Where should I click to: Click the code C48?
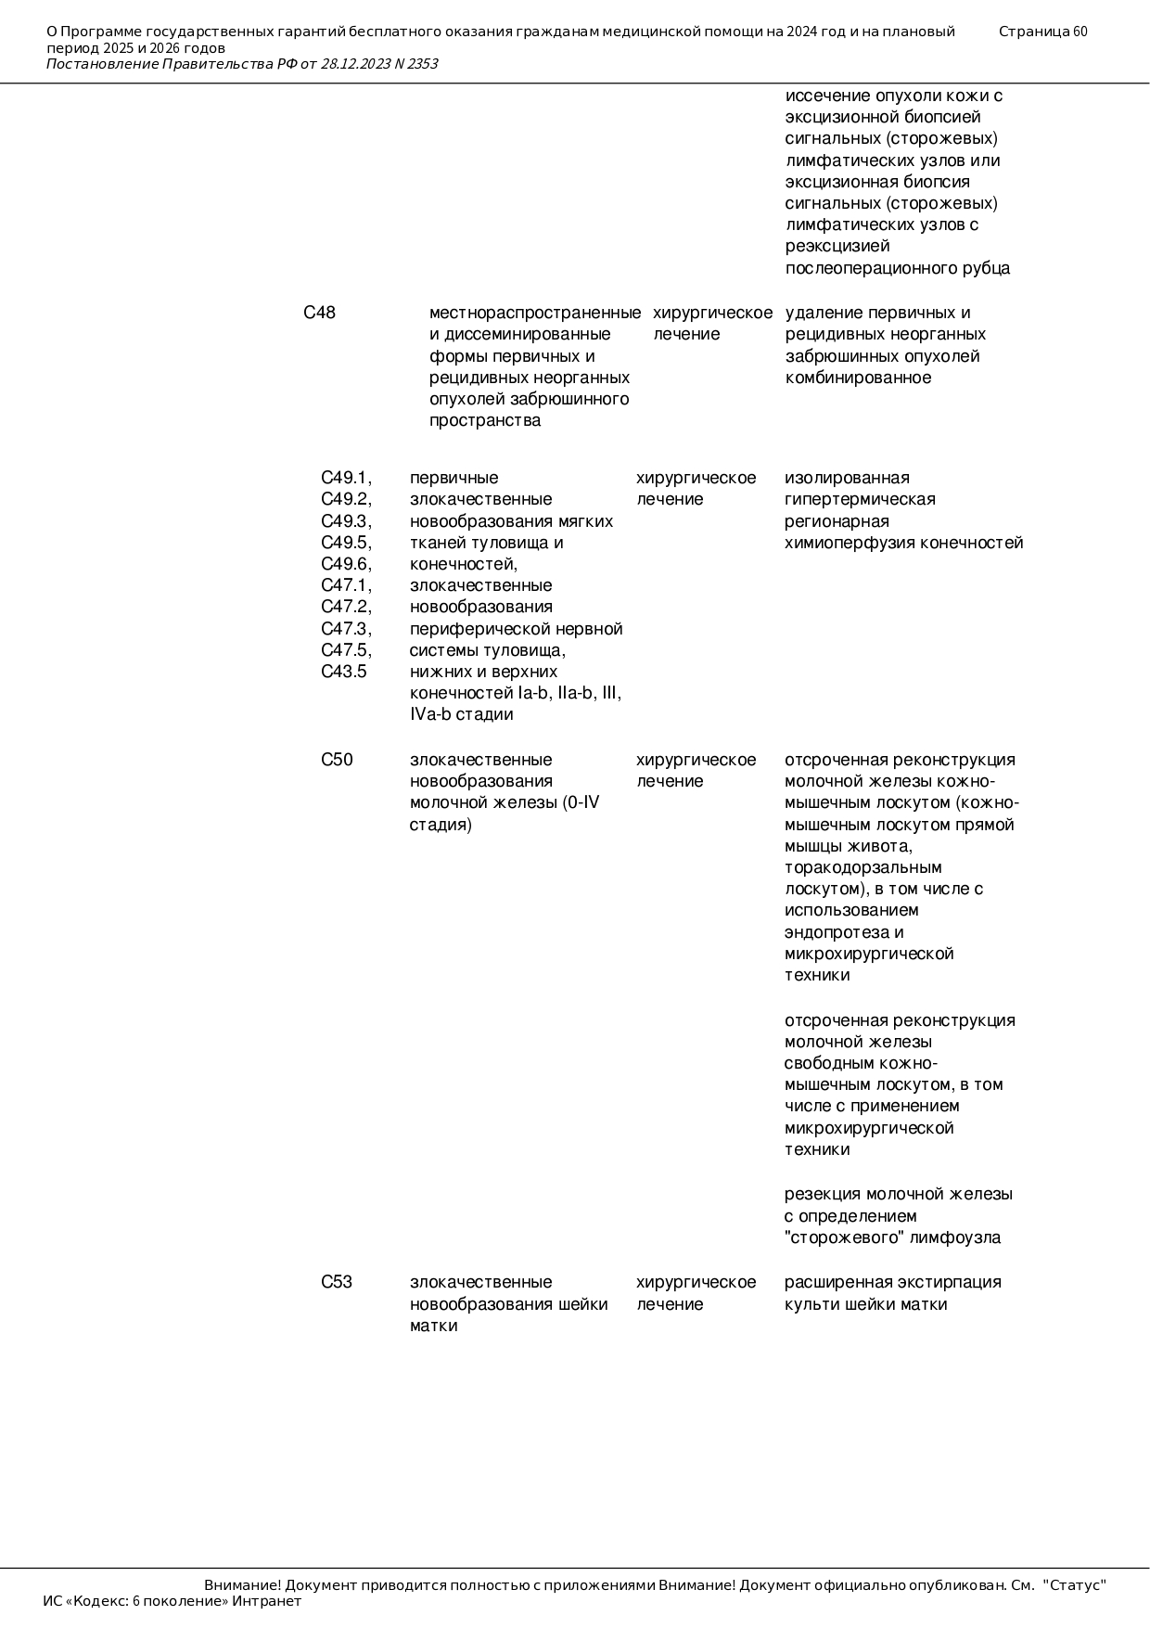click(x=319, y=313)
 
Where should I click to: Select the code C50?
click(x=337, y=760)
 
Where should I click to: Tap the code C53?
click(x=337, y=1282)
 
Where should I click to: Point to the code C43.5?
click(x=343, y=672)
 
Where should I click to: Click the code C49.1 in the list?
click(x=346, y=478)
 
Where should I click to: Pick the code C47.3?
click(x=346, y=629)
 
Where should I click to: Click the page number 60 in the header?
click(x=1080, y=32)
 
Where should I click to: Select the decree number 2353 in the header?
click(x=422, y=64)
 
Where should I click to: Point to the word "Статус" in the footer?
click(x=1074, y=1585)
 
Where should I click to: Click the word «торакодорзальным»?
click(x=862, y=867)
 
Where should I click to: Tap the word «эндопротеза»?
click(x=831, y=932)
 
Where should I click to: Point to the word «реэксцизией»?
click(x=837, y=246)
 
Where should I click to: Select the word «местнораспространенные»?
click(x=535, y=313)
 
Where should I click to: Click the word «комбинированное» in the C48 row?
click(x=858, y=378)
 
